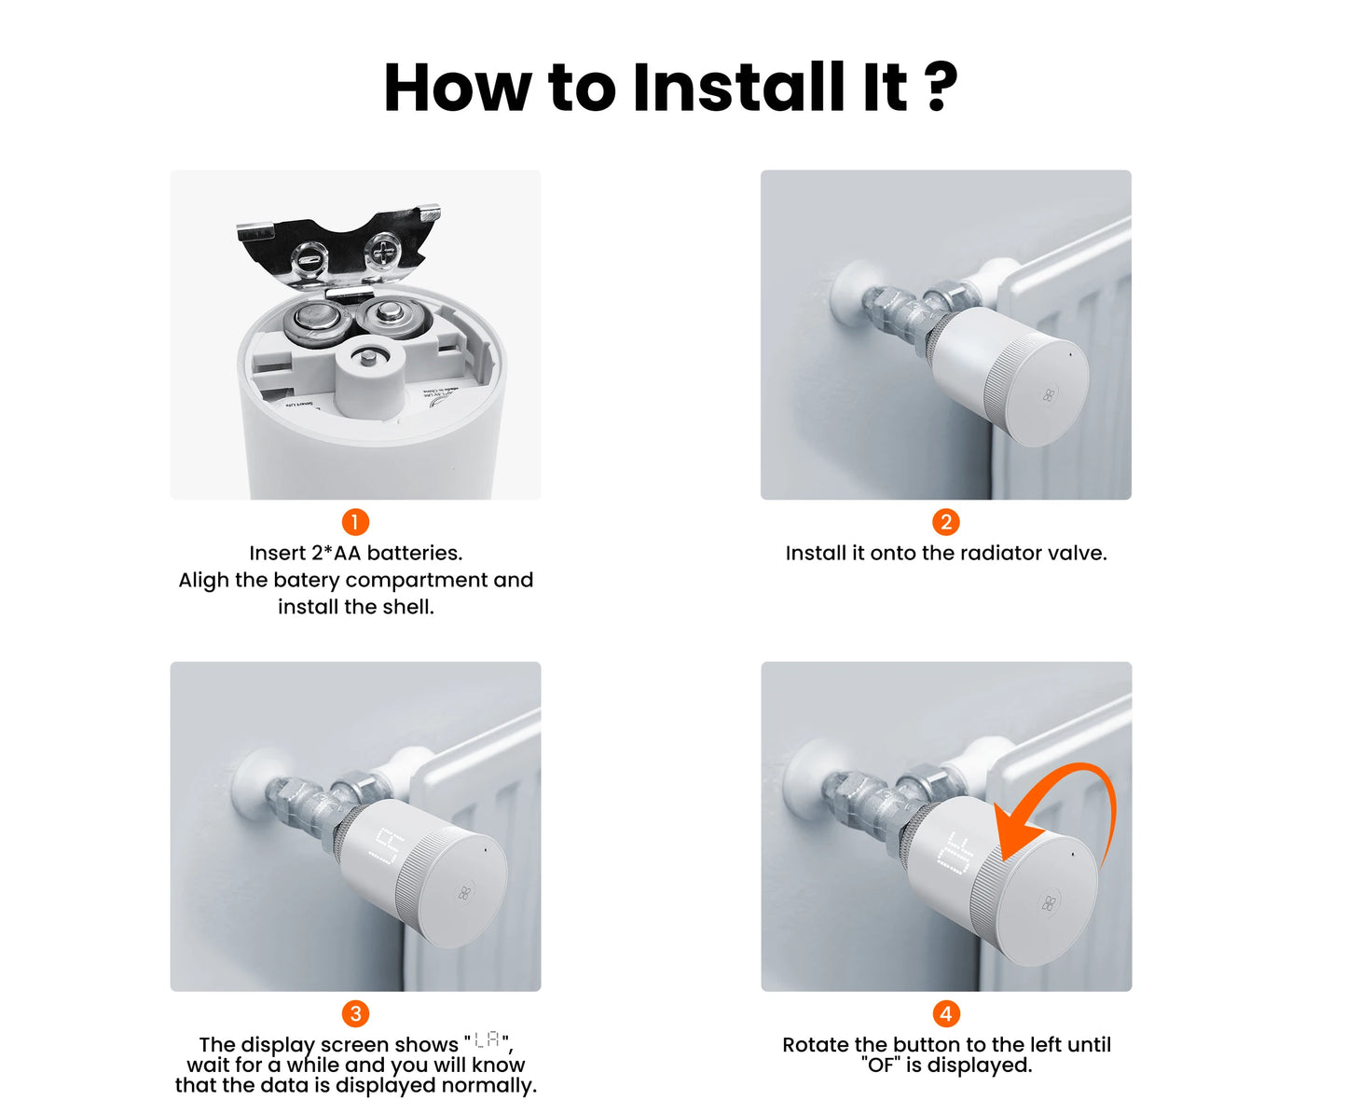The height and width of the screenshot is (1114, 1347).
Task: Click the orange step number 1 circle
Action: [355, 522]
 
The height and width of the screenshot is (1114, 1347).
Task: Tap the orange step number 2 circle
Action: [946, 522]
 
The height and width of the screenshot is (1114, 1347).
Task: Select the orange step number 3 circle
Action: [355, 1013]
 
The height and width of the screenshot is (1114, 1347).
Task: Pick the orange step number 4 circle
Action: [946, 1013]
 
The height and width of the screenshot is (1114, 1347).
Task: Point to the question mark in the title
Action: [942, 87]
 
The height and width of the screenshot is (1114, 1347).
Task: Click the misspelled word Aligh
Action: [204, 581]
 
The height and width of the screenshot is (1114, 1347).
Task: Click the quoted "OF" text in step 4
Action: [881, 1065]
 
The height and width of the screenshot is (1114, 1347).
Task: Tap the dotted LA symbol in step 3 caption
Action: [487, 1039]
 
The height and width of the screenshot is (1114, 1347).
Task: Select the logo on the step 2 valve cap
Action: [1049, 394]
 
